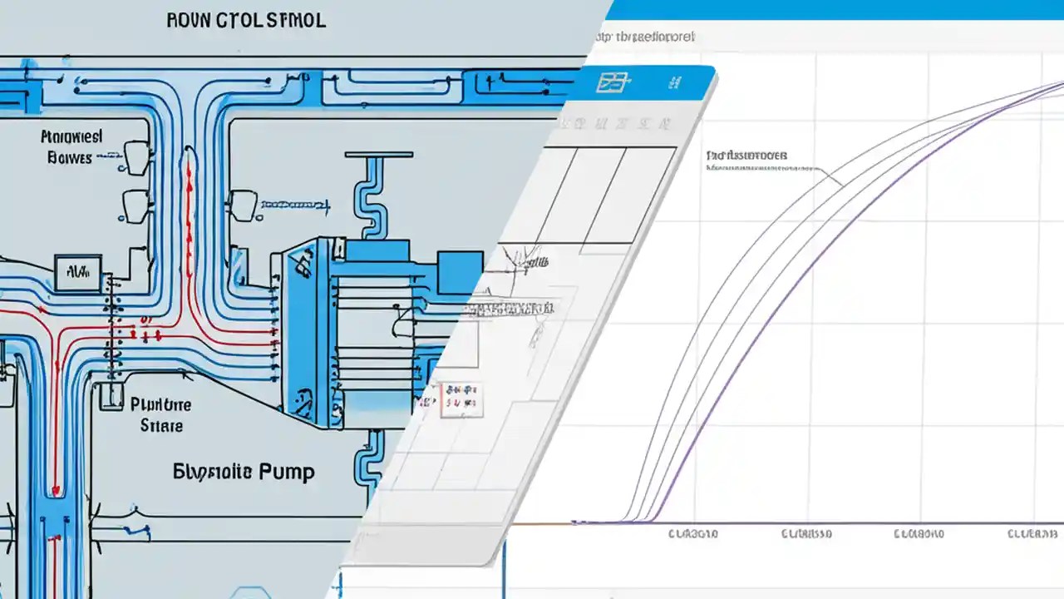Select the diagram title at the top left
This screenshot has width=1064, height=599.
[248, 21]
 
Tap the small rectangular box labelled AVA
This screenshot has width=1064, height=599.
[77, 271]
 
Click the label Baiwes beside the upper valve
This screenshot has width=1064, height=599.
[70, 157]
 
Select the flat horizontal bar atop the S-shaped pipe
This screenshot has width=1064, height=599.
[378, 154]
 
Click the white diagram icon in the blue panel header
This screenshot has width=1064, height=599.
[614, 82]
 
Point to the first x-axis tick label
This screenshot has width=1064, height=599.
[692, 534]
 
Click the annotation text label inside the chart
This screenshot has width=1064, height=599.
[746, 156]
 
